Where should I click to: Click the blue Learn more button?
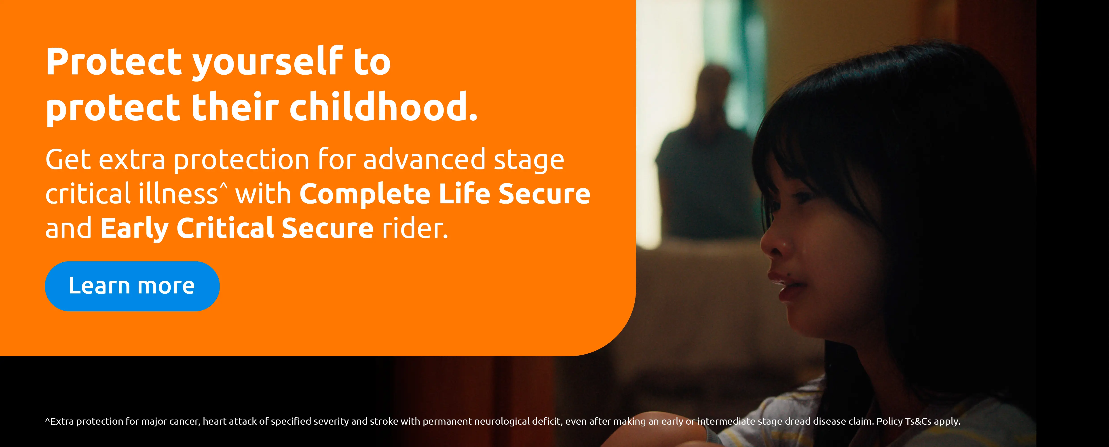[x=132, y=286]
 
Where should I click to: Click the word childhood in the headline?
[x=383, y=107]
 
